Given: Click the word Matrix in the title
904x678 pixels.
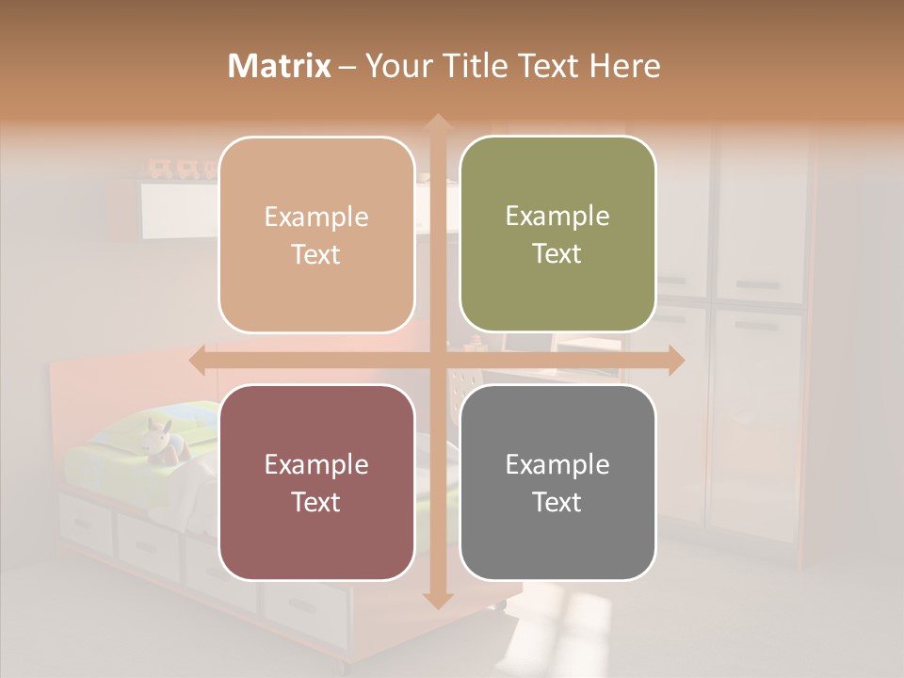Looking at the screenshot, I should click(x=280, y=66).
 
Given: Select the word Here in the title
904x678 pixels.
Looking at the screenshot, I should click(x=624, y=66).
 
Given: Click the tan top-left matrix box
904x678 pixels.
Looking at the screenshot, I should click(x=316, y=234).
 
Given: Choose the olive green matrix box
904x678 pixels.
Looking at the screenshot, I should click(x=557, y=234).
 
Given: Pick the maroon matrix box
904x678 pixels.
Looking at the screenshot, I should click(x=316, y=482).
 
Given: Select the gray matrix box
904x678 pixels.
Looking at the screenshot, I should click(x=557, y=482).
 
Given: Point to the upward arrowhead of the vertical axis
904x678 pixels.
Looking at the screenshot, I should click(x=437, y=121).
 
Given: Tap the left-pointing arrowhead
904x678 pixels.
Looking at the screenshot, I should click(x=198, y=360).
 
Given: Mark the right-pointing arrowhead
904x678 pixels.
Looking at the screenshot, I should click(x=675, y=360).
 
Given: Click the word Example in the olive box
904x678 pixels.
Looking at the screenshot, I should click(x=557, y=217).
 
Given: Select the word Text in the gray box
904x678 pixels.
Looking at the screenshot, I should click(x=557, y=502).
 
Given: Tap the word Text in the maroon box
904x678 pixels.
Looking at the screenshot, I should click(x=316, y=502).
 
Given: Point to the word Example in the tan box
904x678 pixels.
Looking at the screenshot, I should click(x=316, y=218).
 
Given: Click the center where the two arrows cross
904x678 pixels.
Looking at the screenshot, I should click(x=437, y=360).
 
